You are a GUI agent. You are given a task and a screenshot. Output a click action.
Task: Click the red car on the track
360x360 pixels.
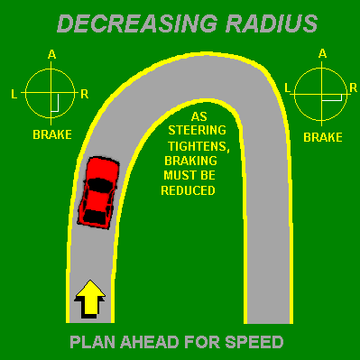(97, 190)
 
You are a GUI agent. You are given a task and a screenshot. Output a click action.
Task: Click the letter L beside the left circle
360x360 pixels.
(14, 93)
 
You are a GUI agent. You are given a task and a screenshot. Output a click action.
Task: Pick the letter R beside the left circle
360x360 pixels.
(84, 93)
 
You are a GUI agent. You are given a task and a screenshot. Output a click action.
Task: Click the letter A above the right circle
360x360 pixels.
(322, 53)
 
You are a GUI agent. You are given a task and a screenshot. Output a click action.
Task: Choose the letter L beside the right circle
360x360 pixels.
(288, 88)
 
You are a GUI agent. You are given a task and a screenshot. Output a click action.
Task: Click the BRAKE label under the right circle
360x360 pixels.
(322, 138)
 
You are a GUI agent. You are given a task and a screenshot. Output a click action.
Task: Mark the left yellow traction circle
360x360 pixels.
(51, 93)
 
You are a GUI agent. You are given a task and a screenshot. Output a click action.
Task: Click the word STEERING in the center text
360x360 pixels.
(198, 132)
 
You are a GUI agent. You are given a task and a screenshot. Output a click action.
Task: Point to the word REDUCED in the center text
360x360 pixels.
(188, 190)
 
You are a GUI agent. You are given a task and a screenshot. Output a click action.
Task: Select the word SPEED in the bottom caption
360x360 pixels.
(258, 342)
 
